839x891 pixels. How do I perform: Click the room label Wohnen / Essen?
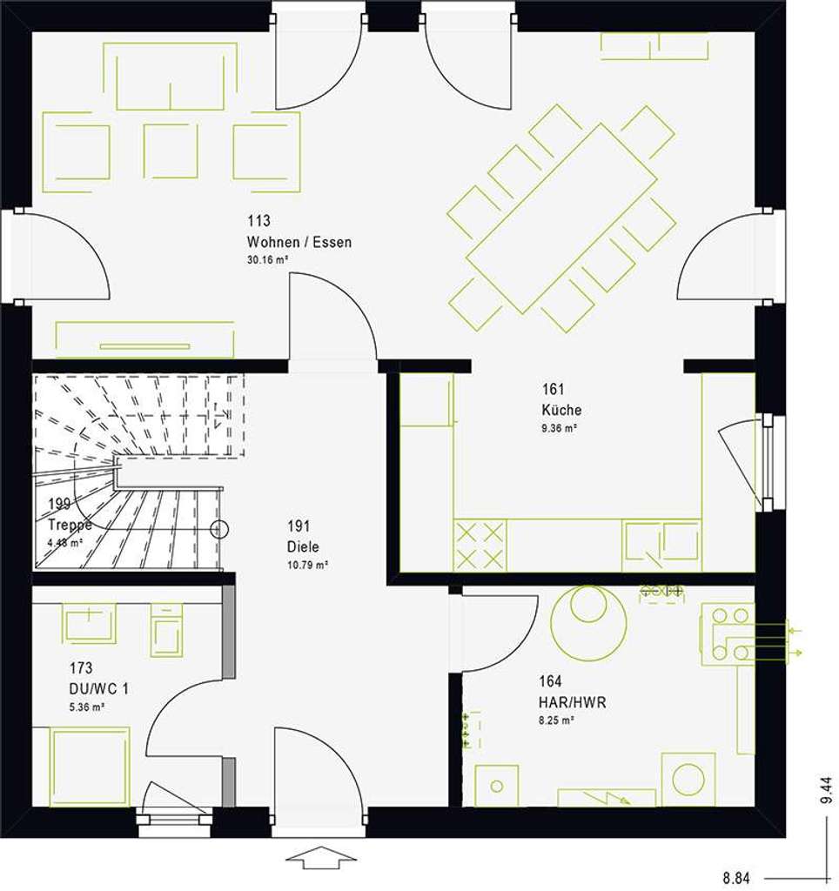[299, 242]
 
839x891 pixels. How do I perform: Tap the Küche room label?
[561, 410]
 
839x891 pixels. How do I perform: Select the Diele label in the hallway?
[303, 547]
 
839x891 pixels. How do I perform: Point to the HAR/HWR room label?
[572, 702]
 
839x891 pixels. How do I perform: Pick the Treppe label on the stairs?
[70, 525]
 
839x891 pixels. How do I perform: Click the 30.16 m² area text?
[267, 260]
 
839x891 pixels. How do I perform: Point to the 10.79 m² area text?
[308, 566]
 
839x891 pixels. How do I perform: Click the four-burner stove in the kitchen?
[480, 544]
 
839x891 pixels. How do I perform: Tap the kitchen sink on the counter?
[662, 542]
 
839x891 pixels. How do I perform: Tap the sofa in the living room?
[177, 77]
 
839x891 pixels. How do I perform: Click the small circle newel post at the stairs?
[220, 527]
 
